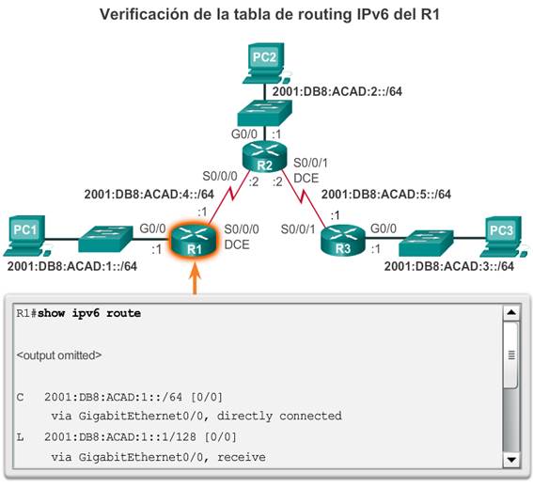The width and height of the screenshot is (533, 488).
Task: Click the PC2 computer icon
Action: pyautogui.click(x=264, y=63)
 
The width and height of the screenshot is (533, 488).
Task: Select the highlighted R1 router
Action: pyautogui.click(x=194, y=241)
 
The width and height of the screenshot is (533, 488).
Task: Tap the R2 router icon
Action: pyautogui.click(x=264, y=157)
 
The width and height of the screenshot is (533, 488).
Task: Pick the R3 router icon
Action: pyautogui.click(x=342, y=240)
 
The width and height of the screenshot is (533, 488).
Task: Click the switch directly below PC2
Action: pyautogui.click(x=264, y=113)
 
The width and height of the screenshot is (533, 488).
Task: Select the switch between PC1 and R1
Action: pyautogui.click(x=105, y=239)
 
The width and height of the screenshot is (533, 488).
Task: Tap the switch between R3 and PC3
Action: pyautogui.click(x=426, y=243)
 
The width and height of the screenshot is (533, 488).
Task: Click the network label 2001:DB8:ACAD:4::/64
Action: pyautogui.click(x=149, y=195)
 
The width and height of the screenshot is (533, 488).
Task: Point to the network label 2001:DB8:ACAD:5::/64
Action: pyautogui.click(x=386, y=195)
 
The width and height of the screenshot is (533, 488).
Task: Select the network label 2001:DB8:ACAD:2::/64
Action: pyautogui.click(x=337, y=91)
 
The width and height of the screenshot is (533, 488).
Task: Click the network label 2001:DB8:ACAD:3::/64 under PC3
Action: pyautogui.click(x=449, y=266)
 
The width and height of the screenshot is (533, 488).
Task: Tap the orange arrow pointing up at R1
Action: pyautogui.click(x=195, y=279)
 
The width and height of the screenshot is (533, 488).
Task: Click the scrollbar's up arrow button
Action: pyautogui.click(x=511, y=312)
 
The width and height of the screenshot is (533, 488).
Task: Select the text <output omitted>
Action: pyautogui.click(x=59, y=355)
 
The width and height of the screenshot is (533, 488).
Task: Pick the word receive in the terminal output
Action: pyautogui.click(x=242, y=457)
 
